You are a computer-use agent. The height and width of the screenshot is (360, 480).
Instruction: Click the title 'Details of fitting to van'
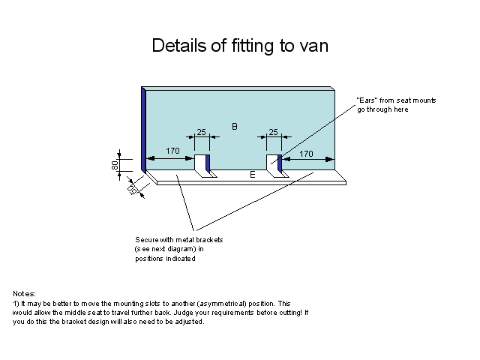tap(240, 45)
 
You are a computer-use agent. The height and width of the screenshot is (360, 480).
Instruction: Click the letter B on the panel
tap(235, 127)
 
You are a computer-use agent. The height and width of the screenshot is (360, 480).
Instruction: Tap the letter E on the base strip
tap(253, 174)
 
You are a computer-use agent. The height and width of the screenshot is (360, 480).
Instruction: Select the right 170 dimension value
tap(306, 153)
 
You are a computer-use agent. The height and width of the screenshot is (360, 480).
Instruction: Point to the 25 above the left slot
tap(202, 133)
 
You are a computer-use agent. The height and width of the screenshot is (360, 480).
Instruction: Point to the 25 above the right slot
tap(273, 133)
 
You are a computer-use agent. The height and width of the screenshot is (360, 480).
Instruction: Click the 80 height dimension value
tap(115, 165)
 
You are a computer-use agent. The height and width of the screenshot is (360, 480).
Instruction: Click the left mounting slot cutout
tap(200, 163)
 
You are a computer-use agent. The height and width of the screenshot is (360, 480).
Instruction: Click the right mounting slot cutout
tap(272, 163)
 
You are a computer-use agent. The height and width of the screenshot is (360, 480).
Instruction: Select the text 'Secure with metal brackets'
tap(179, 239)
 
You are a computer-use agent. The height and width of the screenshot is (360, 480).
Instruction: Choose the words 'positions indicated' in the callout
tap(166, 259)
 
